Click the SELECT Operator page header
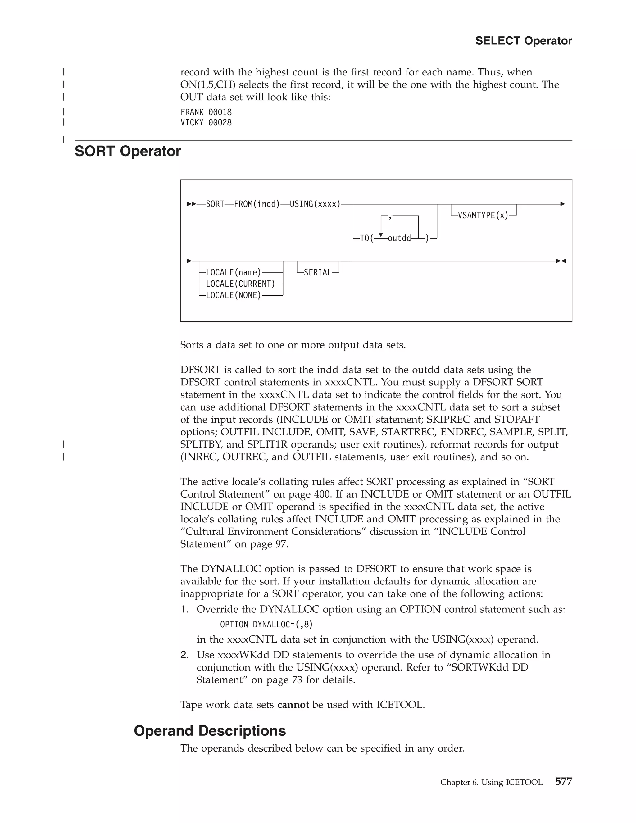tap(523, 41)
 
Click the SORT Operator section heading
tap(128, 151)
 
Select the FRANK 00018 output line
tap(206, 112)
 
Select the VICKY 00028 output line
tap(206, 122)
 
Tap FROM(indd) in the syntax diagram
tap(257, 204)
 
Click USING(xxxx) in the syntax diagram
tap(315, 204)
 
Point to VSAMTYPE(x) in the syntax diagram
tap(483, 216)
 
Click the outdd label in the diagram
tap(399, 239)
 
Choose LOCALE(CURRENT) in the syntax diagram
tap(240, 284)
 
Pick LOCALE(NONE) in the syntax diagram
tap(234, 295)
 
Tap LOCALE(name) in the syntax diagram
tap(234, 272)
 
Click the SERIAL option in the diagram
tap(318, 272)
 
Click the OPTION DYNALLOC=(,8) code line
tap(266, 625)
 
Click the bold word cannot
tap(293, 705)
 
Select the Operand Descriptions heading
tap(210, 731)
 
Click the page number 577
tap(564, 782)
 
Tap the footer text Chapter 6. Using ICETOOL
tap(491, 782)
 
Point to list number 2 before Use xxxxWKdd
tap(184, 655)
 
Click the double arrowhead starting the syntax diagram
tap(192, 204)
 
